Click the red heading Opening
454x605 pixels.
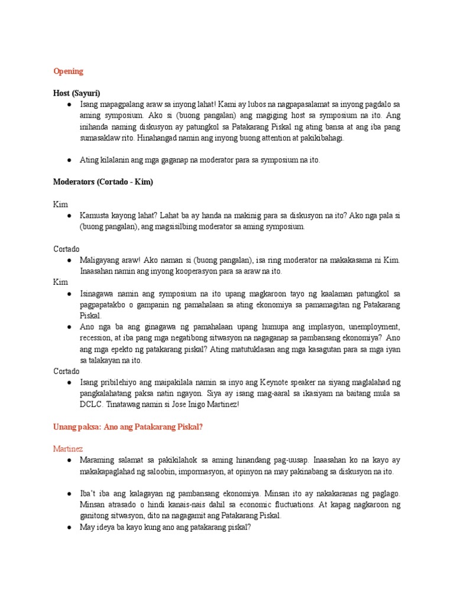click(x=68, y=71)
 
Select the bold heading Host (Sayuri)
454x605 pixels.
click(x=77, y=93)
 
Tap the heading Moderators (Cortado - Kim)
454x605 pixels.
click(x=103, y=182)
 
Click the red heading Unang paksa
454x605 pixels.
click(x=128, y=427)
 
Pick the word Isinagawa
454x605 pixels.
click(x=98, y=294)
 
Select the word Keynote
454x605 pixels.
click(x=277, y=382)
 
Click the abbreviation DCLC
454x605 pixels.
click(x=92, y=405)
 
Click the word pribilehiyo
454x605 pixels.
click(x=118, y=382)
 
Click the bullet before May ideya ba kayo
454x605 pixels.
click(x=70, y=527)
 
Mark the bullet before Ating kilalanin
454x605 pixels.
click(x=70, y=160)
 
